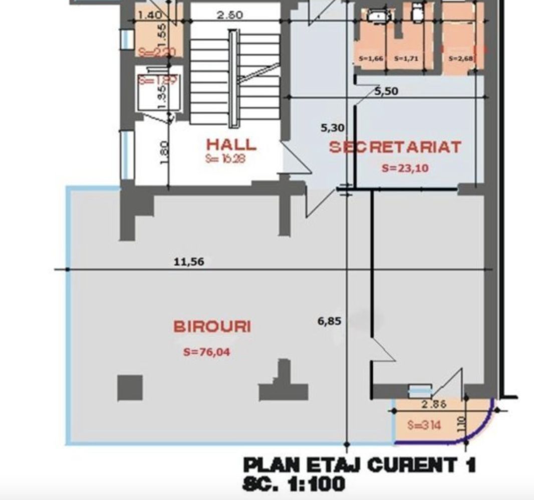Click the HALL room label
(231, 145)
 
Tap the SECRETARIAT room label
(395, 147)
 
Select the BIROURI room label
(212, 327)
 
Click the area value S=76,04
(207, 352)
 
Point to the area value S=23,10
(405, 168)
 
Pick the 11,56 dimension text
(189, 262)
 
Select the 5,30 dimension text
(332, 128)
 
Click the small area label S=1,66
(371, 59)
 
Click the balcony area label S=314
(424, 426)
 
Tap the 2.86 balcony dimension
(433, 404)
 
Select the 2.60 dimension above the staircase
(230, 15)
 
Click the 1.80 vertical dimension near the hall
(166, 152)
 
